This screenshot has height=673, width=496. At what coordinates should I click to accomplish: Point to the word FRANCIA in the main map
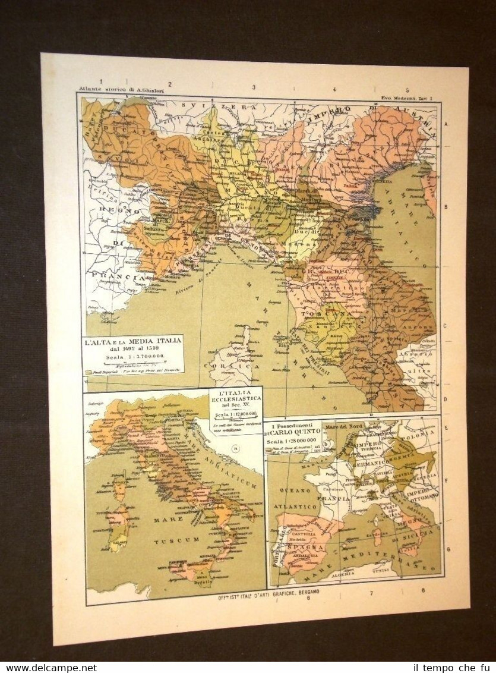click(116, 276)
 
